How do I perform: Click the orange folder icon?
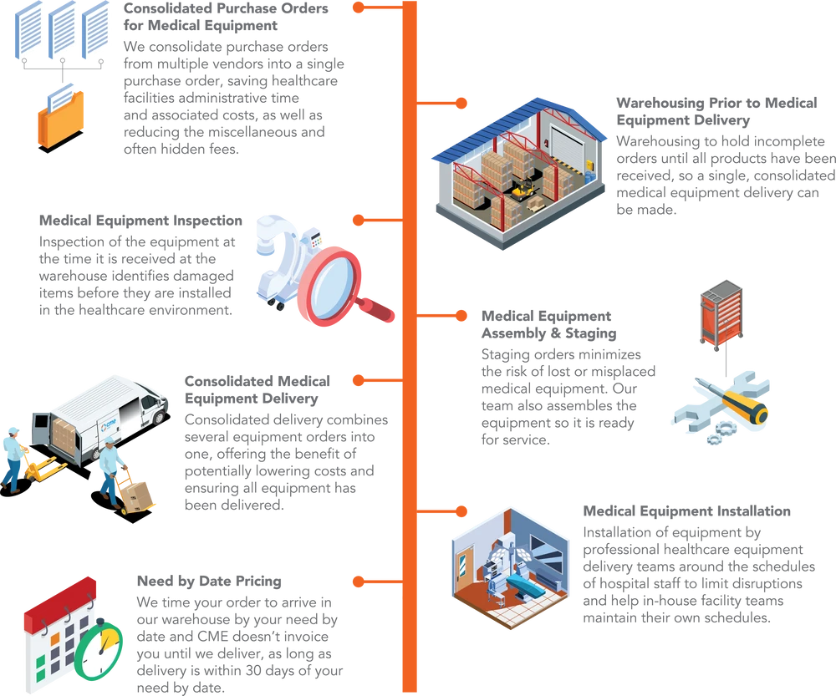coord(61,120)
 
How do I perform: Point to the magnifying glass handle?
coord(380,310)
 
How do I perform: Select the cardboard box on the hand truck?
coord(140,493)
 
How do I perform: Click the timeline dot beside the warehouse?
coord(461,102)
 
